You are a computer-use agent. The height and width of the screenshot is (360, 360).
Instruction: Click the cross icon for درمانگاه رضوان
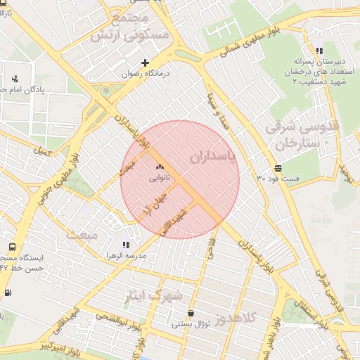coord(146,63)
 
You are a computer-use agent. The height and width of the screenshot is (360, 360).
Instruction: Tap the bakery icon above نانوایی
coord(160,167)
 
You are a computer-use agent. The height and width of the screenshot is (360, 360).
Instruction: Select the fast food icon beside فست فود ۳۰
coord(278,168)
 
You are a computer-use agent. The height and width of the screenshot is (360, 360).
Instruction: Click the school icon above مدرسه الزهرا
coord(126,245)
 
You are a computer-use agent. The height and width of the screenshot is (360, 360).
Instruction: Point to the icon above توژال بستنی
coord(191,314)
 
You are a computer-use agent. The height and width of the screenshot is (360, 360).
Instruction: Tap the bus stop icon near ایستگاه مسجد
coord(12,247)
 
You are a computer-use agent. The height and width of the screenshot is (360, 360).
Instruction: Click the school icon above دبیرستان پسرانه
coord(319,51)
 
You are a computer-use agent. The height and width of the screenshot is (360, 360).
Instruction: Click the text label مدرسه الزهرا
coord(126,256)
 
